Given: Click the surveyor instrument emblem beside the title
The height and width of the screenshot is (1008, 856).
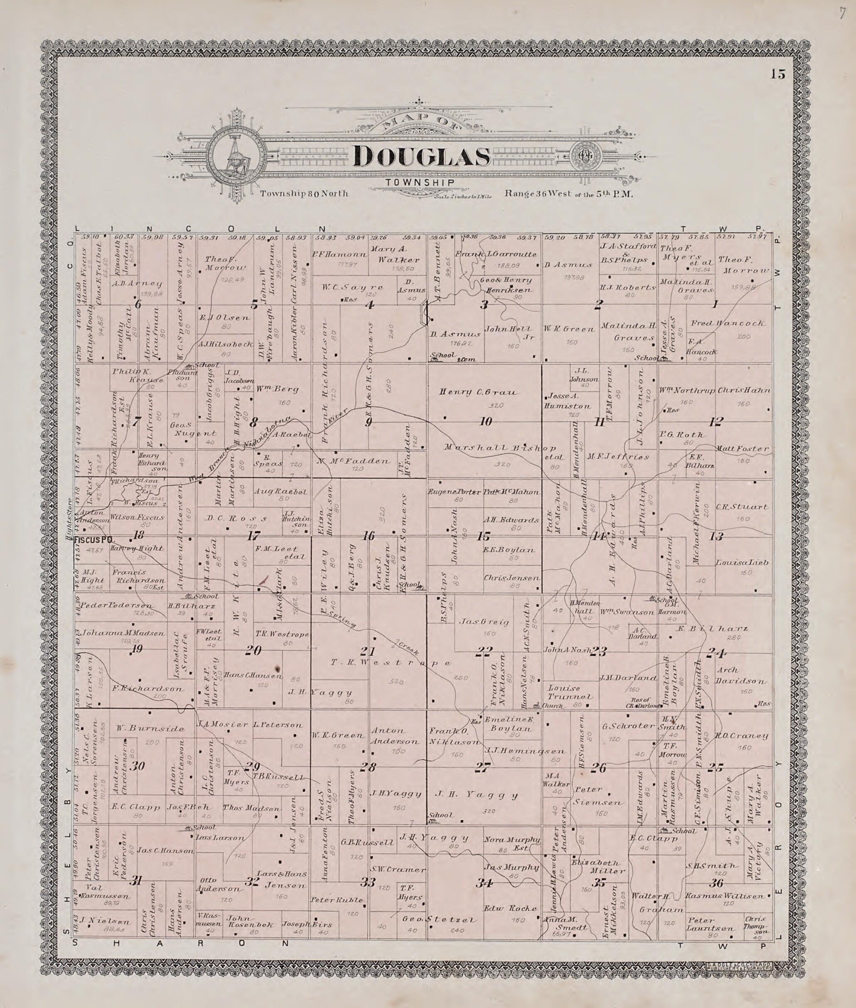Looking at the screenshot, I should point(236,156).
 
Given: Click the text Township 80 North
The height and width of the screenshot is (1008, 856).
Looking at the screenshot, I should point(304,193).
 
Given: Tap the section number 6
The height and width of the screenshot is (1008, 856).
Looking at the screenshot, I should point(138,305).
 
